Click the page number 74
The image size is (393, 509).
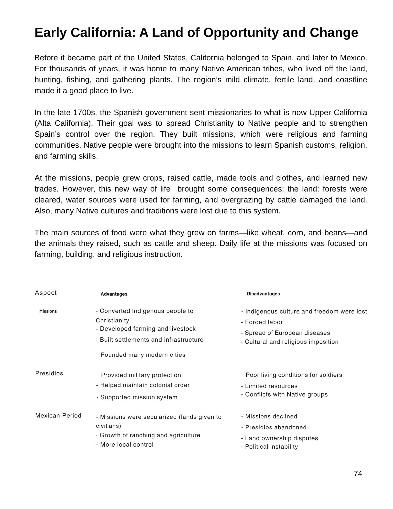(x=358, y=474)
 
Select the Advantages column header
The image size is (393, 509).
(x=114, y=294)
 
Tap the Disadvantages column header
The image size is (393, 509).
(x=263, y=294)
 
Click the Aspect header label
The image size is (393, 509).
(x=46, y=293)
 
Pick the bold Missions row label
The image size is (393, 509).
(x=48, y=311)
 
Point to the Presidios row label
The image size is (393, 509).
(x=49, y=373)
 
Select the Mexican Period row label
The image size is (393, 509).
(x=58, y=416)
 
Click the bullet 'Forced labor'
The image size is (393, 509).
(x=262, y=322)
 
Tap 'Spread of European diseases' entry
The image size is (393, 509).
(x=286, y=333)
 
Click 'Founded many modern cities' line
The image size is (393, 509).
(x=143, y=355)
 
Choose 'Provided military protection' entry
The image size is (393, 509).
(x=141, y=375)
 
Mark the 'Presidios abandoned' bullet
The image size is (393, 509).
(x=274, y=427)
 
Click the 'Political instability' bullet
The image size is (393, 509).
(x=270, y=447)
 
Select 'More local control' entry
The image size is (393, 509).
(x=125, y=445)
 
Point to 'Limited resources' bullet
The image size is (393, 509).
(x=269, y=386)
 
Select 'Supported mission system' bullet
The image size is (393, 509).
(x=137, y=397)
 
